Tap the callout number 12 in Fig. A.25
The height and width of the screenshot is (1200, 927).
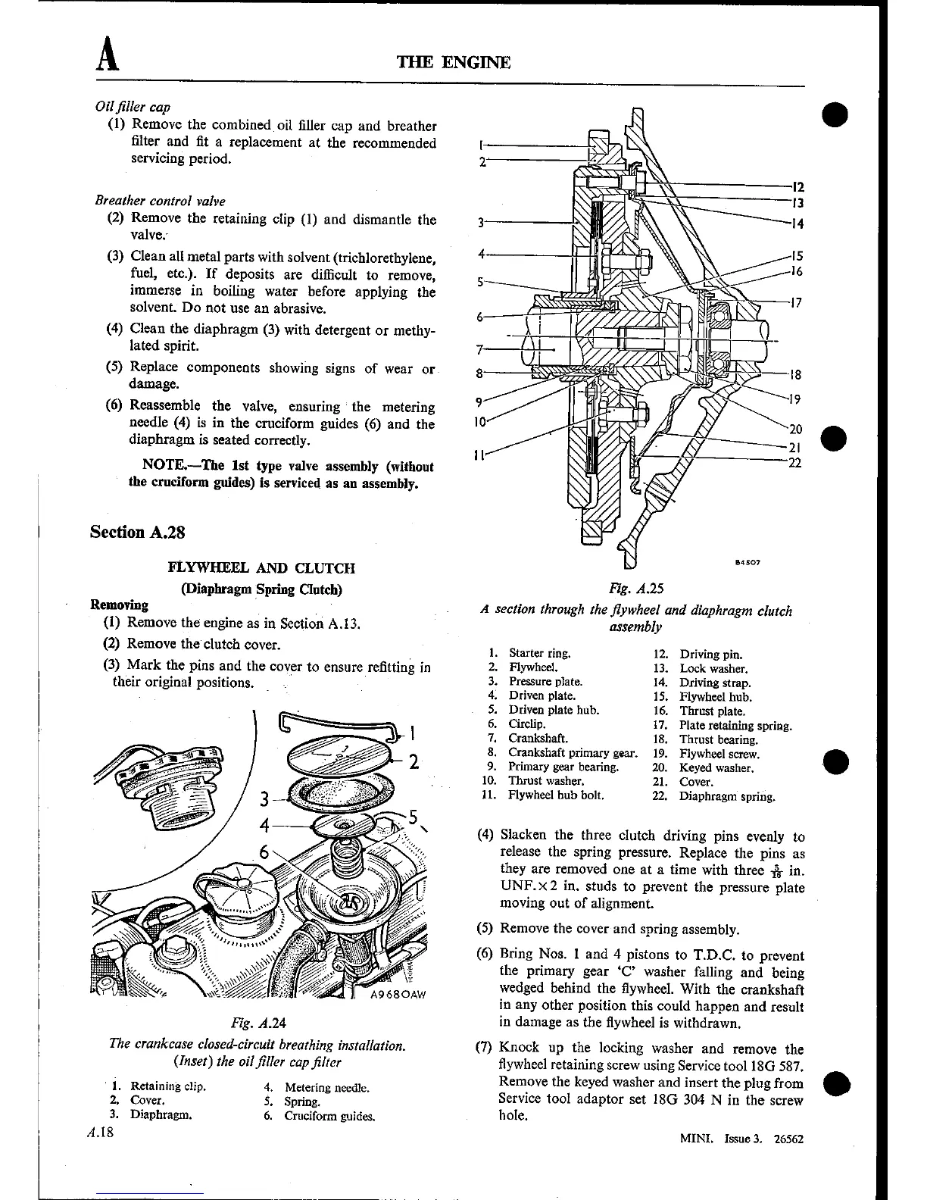pos(797,186)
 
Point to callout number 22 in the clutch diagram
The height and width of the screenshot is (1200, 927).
pos(794,463)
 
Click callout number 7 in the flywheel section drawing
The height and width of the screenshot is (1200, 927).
pos(479,349)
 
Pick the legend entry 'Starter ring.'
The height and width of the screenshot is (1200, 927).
pos(539,653)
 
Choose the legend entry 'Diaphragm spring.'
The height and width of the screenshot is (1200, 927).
pos(726,796)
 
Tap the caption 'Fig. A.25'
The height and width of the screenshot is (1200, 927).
pos(636,588)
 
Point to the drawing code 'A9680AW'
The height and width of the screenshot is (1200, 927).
pos(399,996)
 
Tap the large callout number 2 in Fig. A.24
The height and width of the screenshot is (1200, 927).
pos(414,761)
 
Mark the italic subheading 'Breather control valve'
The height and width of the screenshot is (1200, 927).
pos(160,201)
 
